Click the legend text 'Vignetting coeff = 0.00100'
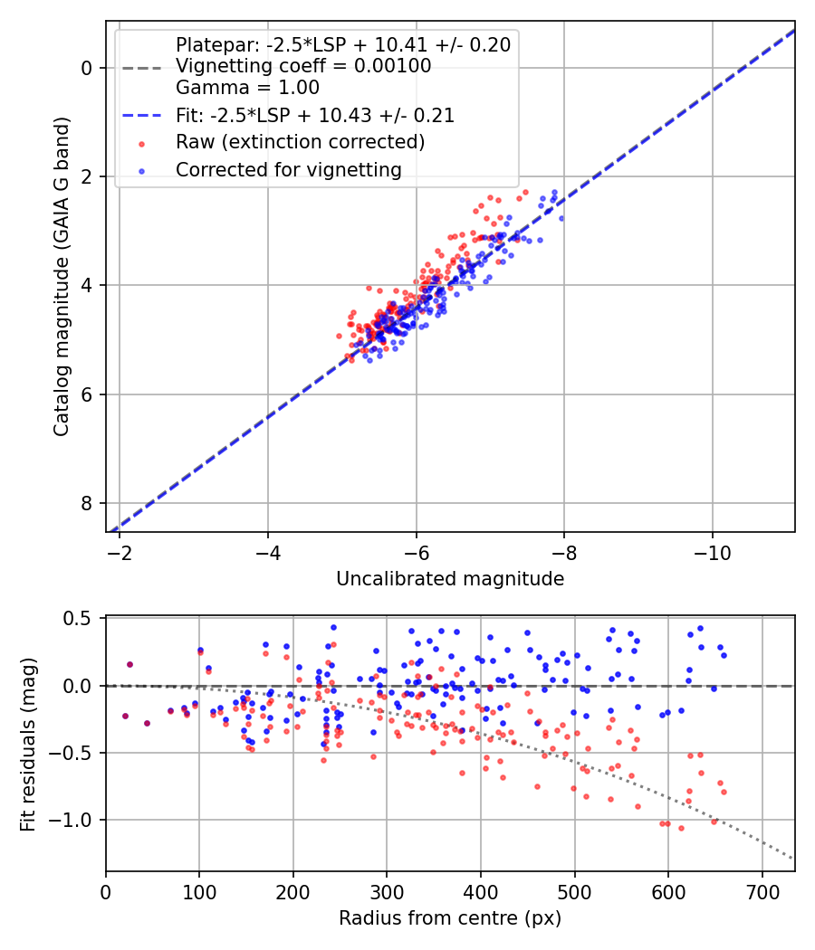(x=303, y=66)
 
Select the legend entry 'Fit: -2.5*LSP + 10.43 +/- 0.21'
(x=314, y=116)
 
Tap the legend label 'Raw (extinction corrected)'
(x=300, y=142)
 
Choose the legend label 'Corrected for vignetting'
(x=288, y=169)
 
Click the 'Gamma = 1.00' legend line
(x=247, y=88)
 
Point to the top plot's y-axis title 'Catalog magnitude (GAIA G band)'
(x=62, y=277)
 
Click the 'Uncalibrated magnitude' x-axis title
(x=450, y=579)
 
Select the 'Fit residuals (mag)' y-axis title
(x=28, y=743)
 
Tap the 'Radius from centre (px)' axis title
(x=450, y=918)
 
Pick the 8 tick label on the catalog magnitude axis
(x=87, y=503)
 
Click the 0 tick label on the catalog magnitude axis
(x=87, y=68)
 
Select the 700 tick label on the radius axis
(x=762, y=890)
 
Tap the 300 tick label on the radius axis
(x=387, y=890)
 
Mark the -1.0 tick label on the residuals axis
(x=75, y=820)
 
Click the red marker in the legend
(x=140, y=143)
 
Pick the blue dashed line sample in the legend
(x=140, y=116)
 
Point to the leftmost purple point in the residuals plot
(x=125, y=716)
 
